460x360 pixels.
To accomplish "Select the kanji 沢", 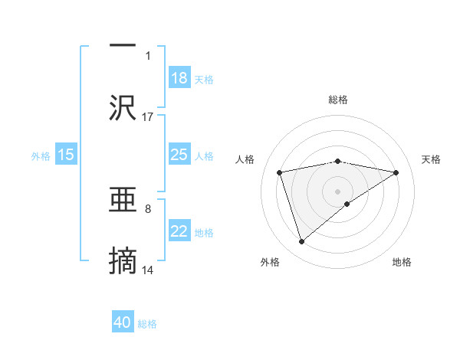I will [123, 107].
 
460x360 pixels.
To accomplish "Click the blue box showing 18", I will [179, 77].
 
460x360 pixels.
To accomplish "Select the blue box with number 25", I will [179, 155].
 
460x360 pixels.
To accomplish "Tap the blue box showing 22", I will [179, 231].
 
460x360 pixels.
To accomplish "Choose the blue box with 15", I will [66, 155].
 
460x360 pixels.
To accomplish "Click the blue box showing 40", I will [123, 322].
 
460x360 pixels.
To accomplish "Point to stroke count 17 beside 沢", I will [148, 116].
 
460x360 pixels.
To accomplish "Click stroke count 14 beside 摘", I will [148, 270].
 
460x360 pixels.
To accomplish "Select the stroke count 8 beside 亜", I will [148, 208].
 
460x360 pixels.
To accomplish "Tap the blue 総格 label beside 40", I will [147, 324].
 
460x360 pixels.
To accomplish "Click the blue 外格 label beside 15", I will [41, 156].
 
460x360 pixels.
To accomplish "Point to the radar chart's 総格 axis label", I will [338, 100].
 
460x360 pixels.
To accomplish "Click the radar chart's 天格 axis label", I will [431, 159].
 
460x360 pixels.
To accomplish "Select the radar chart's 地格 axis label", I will [402, 262].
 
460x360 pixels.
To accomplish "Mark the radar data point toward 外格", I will [302, 242].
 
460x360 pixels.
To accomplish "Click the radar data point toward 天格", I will [396, 172].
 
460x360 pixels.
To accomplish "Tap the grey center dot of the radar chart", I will [337, 191].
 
